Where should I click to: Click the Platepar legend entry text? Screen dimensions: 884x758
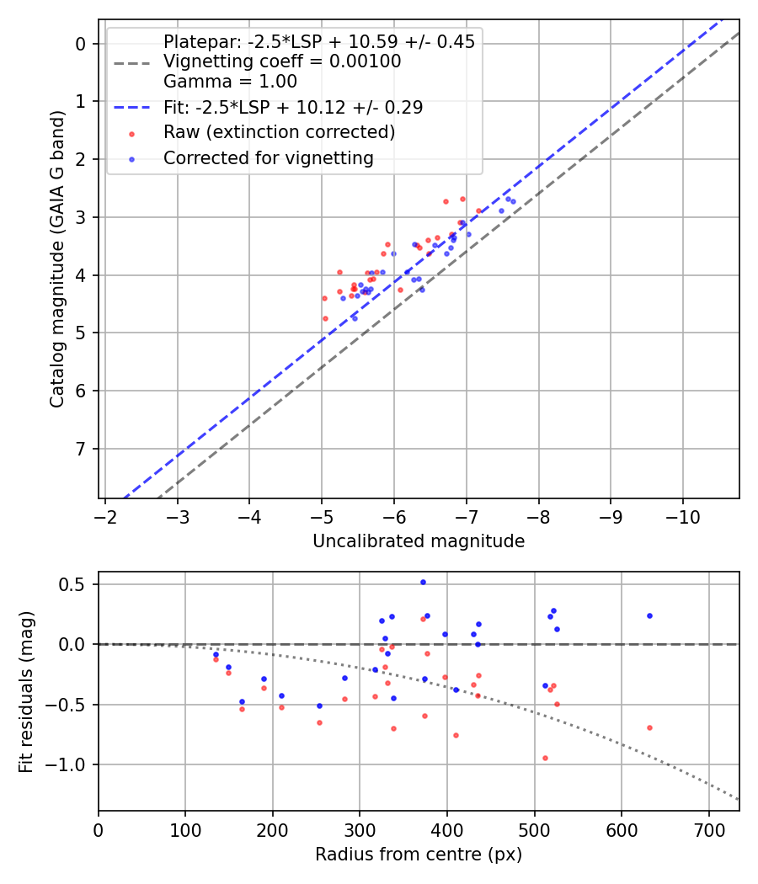[x=318, y=42]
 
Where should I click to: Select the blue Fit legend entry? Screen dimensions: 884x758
[x=292, y=108]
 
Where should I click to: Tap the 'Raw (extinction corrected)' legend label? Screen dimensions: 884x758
[x=279, y=132]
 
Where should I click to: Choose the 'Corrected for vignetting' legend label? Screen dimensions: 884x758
[x=268, y=157]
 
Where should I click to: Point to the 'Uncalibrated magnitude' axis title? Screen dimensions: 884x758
[x=419, y=541]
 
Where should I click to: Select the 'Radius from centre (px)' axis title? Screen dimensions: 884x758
[x=419, y=855]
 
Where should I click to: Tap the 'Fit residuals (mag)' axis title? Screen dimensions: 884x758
[x=26, y=692]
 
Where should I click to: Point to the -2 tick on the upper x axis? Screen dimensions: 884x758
[x=104, y=514]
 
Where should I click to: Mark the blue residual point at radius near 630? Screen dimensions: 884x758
[x=649, y=615]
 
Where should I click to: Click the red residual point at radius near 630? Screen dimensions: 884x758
[x=649, y=727]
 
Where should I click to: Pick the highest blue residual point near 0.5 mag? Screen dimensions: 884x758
[x=423, y=582]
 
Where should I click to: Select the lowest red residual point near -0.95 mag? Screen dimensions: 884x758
[x=545, y=758]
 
